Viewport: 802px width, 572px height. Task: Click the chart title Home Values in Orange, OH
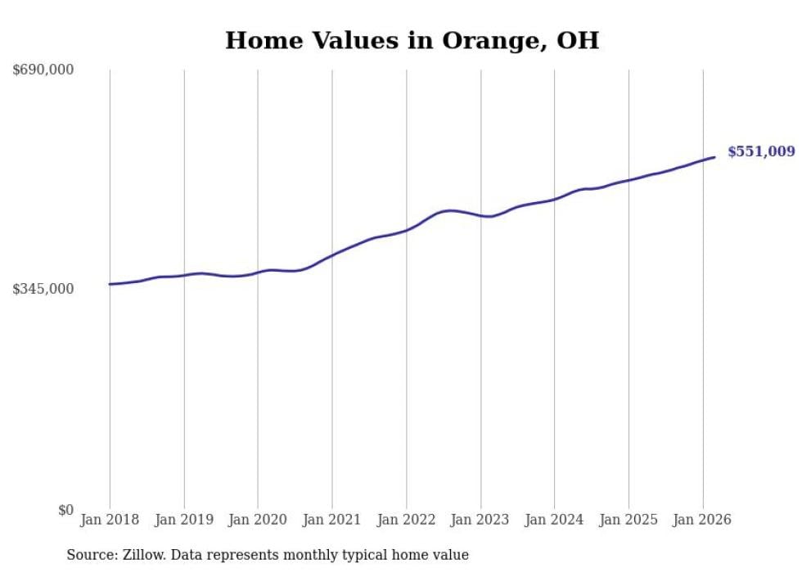point(412,40)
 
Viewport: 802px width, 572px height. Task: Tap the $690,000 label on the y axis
point(43,70)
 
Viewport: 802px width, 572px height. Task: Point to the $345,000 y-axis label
point(43,289)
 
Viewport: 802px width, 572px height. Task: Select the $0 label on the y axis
point(65,510)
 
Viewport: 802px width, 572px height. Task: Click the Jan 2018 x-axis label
point(110,520)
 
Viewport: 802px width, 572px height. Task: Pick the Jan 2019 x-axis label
point(184,520)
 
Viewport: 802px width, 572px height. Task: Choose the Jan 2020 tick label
point(258,520)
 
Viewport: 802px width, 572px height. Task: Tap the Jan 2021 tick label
point(332,520)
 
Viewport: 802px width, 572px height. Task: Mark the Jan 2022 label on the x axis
point(406,520)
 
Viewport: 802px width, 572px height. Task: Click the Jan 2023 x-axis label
point(480,520)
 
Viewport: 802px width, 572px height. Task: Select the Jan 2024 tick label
point(554,520)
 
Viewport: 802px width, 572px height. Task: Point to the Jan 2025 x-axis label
point(629,520)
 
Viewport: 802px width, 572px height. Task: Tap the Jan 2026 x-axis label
point(702,520)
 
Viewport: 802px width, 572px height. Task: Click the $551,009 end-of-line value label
point(760,151)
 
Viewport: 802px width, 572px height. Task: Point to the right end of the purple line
point(715,157)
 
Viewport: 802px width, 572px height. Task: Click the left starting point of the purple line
point(110,284)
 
